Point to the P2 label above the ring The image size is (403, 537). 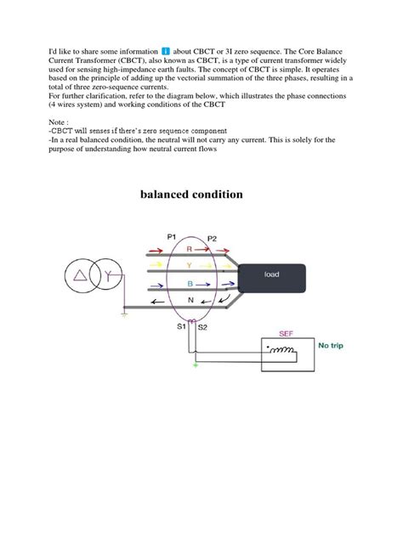coord(212,239)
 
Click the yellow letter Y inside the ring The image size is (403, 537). coord(190,266)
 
